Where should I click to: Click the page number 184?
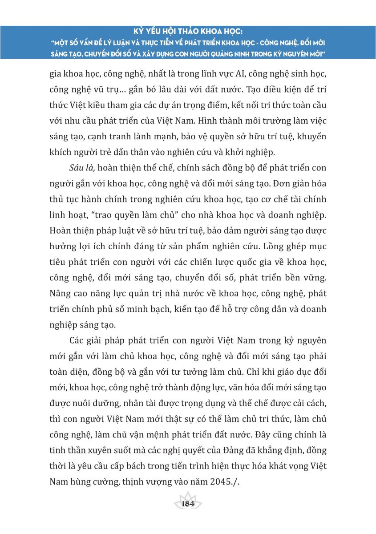pyautogui.click(x=188, y=504)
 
